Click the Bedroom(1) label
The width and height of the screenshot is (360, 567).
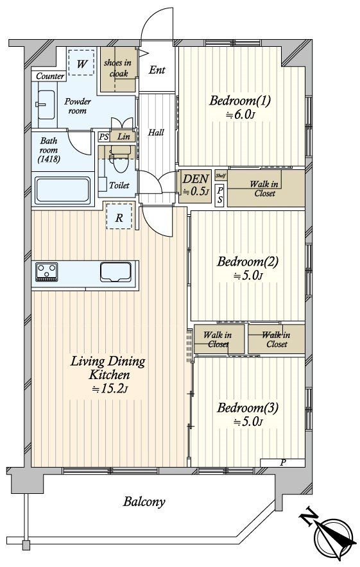[x=239, y=101]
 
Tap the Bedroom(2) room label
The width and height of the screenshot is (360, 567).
[x=248, y=262]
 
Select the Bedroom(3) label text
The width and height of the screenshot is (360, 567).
[x=248, y=408]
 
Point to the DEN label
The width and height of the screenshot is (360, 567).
[x=195, y=179]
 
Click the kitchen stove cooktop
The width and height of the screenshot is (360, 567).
[x=47, y=271]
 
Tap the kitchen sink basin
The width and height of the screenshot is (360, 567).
[x=116, y=271]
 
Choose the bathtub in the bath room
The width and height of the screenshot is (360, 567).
[x=63, y=190]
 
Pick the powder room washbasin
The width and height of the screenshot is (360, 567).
[x=46, y=105]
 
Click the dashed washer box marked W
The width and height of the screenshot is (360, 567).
[x=81, y=63]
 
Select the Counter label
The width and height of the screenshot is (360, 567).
[x=50, y=76]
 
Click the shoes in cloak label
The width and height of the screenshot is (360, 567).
[x=117, y=68]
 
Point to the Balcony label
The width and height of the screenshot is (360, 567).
[x=144, y=502]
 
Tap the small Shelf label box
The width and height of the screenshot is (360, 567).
[x=221, y=175]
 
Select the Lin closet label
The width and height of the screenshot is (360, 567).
[x=124, y=137]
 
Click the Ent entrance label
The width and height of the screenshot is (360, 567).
[x=157, y=70]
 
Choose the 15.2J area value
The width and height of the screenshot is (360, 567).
[x=109, y=389]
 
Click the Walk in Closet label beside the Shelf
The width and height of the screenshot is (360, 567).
[x=264, y=189]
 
